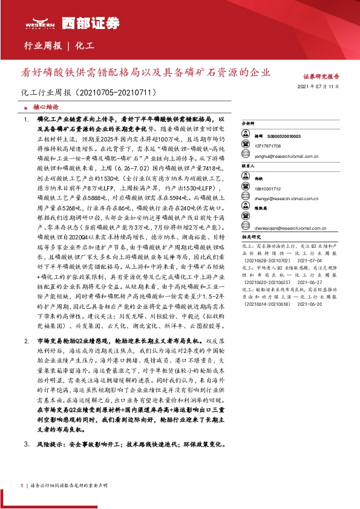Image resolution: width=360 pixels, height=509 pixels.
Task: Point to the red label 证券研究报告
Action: pos(321,77)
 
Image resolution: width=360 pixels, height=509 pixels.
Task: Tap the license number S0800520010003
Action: pos(281,137)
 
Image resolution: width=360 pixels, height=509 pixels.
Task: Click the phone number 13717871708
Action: pos(267,146)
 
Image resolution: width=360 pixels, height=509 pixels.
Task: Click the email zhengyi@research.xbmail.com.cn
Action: pos(287,197)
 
